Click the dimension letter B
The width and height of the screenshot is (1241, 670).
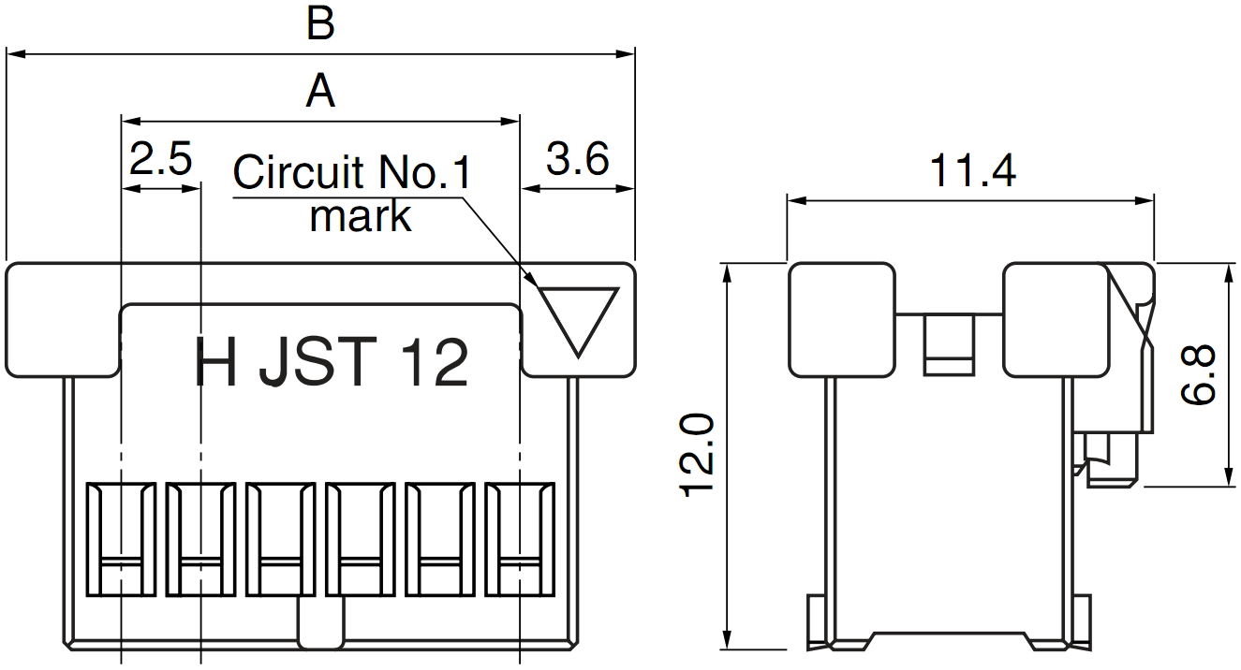[320, 25]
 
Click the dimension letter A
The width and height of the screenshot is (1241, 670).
[320, 93]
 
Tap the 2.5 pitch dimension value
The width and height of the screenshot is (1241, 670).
[160, 160]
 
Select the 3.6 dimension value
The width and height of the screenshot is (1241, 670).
[577, 160]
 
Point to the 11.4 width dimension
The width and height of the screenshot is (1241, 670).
[971, 171]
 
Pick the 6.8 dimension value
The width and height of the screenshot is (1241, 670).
[1199, 374]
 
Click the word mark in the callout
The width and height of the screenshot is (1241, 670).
[360, 216]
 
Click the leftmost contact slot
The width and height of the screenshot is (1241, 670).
[121, 539]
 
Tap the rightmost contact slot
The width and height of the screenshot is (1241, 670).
[520, 539]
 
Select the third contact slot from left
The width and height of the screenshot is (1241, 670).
[280, 539]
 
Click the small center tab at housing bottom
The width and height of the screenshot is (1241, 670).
[320, 623]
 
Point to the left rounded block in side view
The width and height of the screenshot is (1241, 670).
[841, 319]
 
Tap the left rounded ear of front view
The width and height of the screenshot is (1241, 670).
[64, 319]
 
